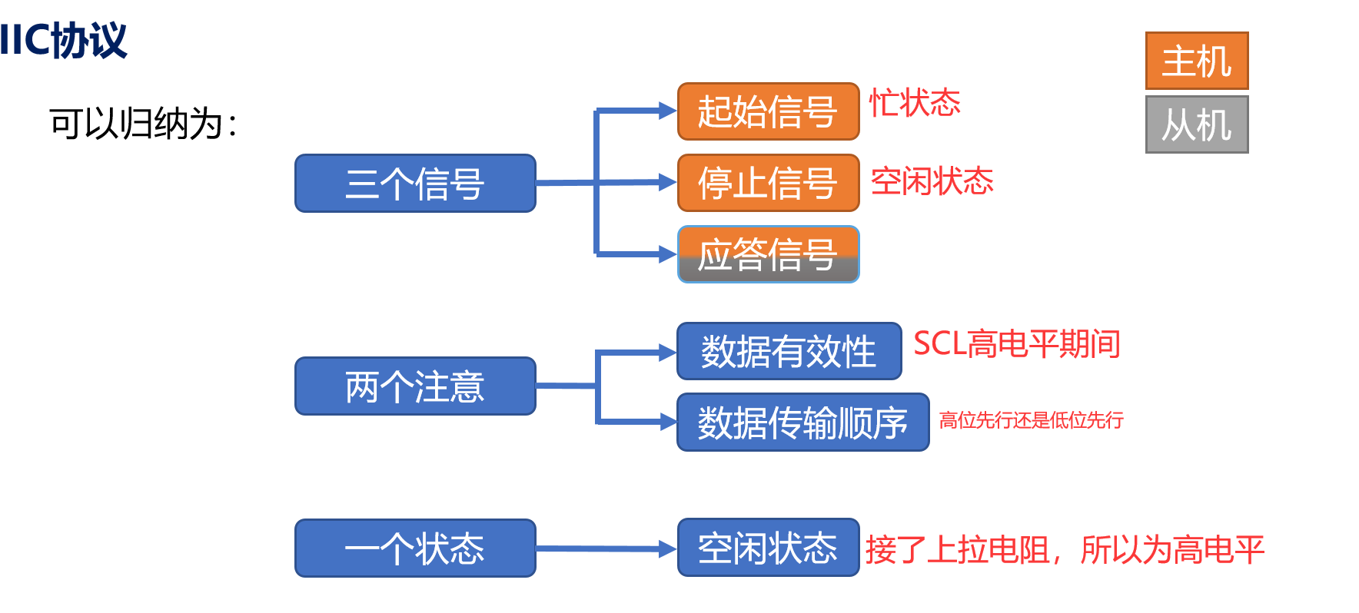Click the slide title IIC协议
click(x=64, y=40)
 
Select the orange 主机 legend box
click(x=1197, y=61)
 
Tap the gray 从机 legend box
click(x=1197, y=124)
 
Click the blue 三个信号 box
click(x=415, y=184)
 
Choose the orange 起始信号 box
click(x=768, y=111)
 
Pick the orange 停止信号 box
click(x=768, y=183)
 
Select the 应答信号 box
click(x=768, y=254)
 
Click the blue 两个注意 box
click(x=415, y=386)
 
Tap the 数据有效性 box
click(x=789, y=351)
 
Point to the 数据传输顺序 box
click(x=802, y=422)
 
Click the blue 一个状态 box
click(x=415, y=548)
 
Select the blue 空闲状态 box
click(x=768, y=547)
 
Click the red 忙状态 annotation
click(x=915, y=103)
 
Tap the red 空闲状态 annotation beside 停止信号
click(x=932, y=181)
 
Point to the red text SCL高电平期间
click(x=1016, y=343)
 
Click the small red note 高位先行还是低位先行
click(x=1031, y=420)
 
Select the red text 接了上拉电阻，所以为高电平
click(x=1065, y=550)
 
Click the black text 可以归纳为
click(x=143, y=124)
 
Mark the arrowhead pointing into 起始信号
click(x=667, y=111)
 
